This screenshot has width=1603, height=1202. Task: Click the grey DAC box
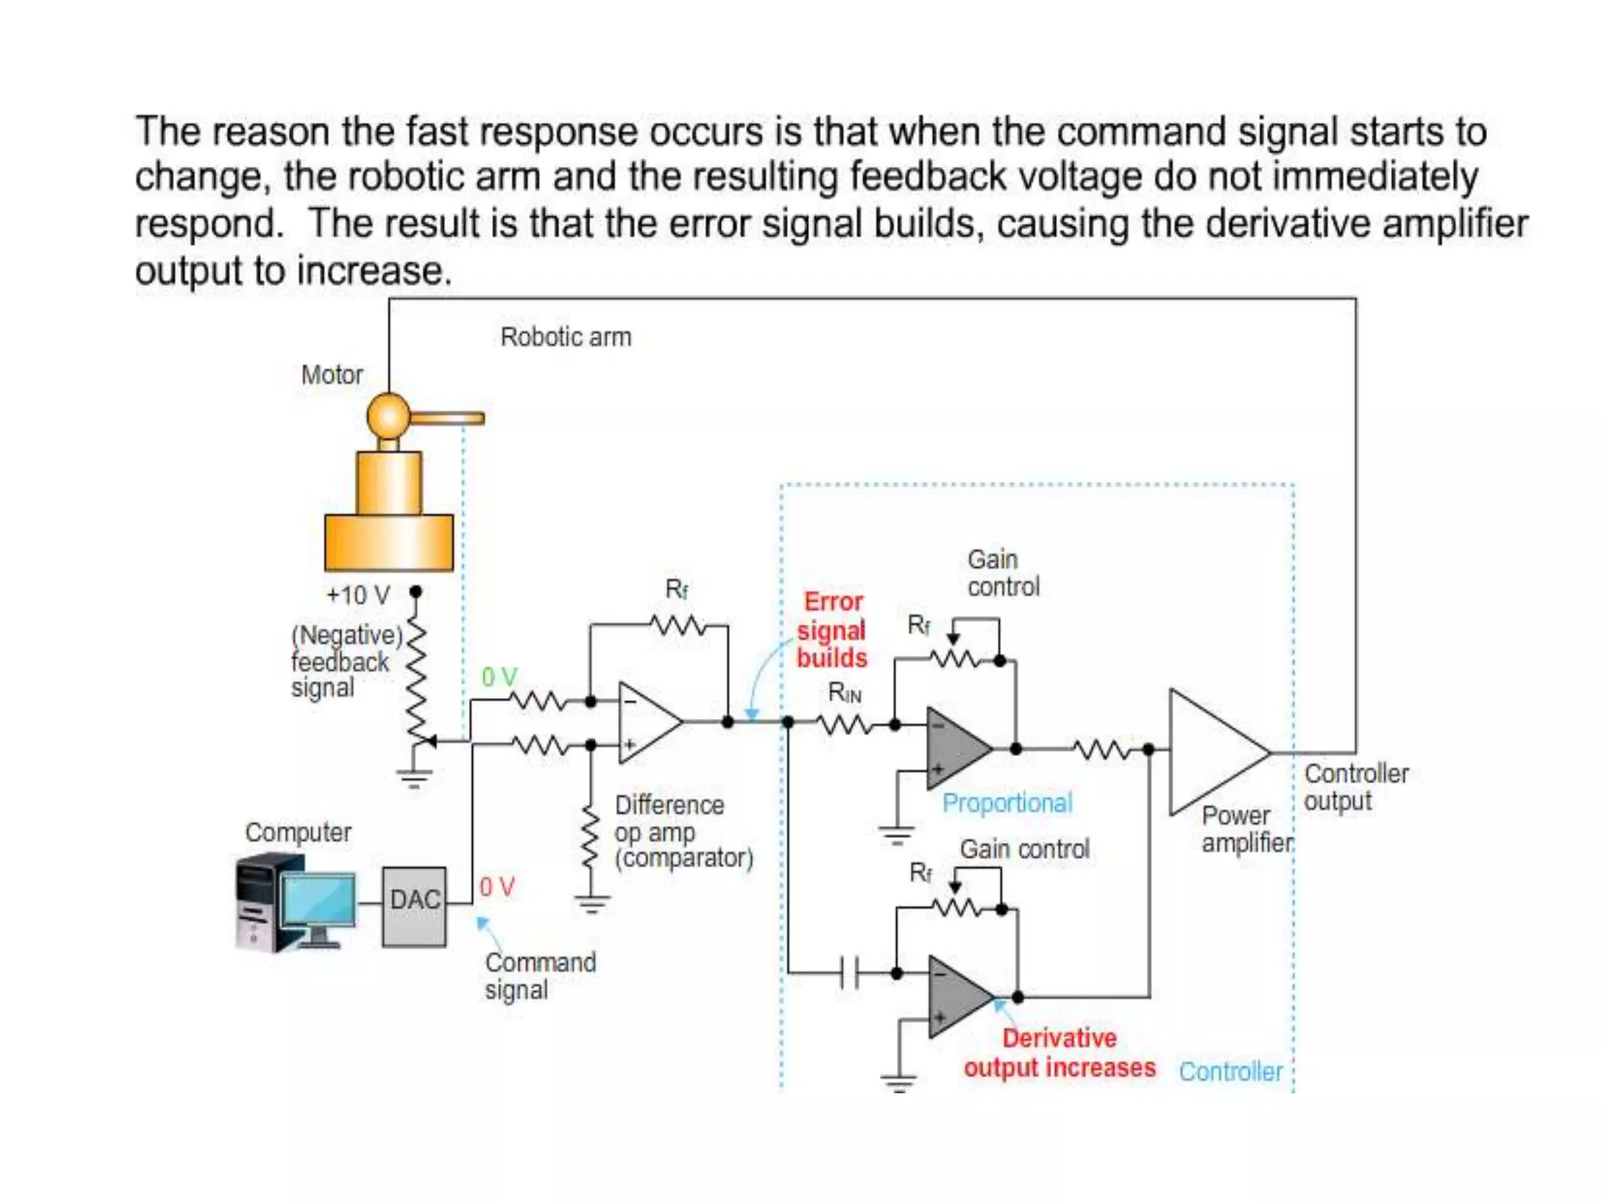(x=414, y=906)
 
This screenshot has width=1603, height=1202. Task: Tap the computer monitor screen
(x=318, y=900)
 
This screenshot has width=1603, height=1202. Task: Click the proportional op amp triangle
(x=955, y=747)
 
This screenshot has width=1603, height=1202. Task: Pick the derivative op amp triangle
(x=956, y=997)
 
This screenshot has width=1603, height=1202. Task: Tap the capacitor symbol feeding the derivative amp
(x=849, y=973)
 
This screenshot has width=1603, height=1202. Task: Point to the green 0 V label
(x=499, y=677)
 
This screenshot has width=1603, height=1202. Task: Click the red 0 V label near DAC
(x=497, y=887)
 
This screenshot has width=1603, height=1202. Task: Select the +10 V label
(x=358, y=596)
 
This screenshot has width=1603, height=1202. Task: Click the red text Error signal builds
(x=832, y=630)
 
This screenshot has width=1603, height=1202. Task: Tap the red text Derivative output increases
(x=1059, y=1053)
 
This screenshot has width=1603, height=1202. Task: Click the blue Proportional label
(x=1007, y=803)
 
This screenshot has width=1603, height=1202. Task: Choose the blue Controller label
(x=1230, y=1071)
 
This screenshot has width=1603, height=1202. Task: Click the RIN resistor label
(x=845, y=693)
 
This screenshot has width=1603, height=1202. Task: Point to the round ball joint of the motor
(x=388, y=416)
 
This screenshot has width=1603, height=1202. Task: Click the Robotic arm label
(x=565, y=337)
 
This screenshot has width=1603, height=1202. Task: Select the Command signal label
(x=539, y=976)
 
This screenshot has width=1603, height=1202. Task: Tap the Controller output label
(x=1356, y=787)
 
